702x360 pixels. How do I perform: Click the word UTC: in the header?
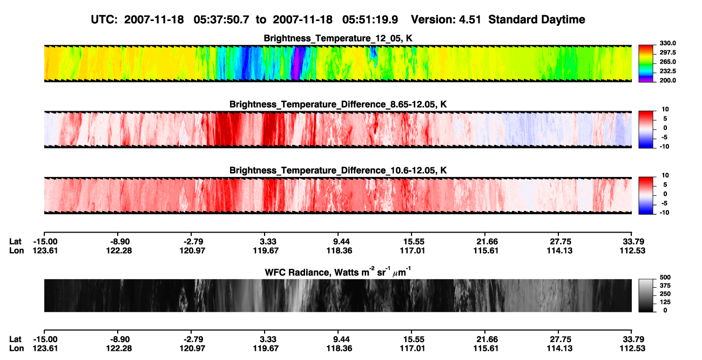pos(104,19)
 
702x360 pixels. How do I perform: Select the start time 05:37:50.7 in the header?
pos(221,19)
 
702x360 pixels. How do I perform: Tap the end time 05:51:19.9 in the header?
pos(370,19)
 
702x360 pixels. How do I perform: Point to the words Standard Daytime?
pos(537,19)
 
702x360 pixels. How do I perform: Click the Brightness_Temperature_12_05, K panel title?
pos(338,38)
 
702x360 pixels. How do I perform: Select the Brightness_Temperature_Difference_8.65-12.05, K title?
pos(338,104)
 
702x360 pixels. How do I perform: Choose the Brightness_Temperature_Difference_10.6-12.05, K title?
pos(338,171)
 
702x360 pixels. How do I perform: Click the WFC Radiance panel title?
pos(338,272)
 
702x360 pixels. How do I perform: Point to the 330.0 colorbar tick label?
pos(667,43)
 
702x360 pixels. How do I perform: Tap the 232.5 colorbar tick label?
pos(667,71)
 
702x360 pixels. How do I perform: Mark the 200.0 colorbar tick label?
pos(667,80)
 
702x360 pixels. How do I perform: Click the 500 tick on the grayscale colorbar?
pos(665,277)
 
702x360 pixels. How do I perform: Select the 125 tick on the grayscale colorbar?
pos(665,302)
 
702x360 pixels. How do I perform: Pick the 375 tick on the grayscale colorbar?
pos(665,286)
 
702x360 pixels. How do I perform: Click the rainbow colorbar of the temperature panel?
pos(646,64)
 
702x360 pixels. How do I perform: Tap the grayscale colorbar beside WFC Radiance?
pos(646,295)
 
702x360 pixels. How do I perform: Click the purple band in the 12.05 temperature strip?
pos(295,64)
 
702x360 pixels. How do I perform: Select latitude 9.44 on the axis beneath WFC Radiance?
pos(339,339)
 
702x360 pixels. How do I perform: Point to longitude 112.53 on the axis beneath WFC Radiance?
pos(632,349)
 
